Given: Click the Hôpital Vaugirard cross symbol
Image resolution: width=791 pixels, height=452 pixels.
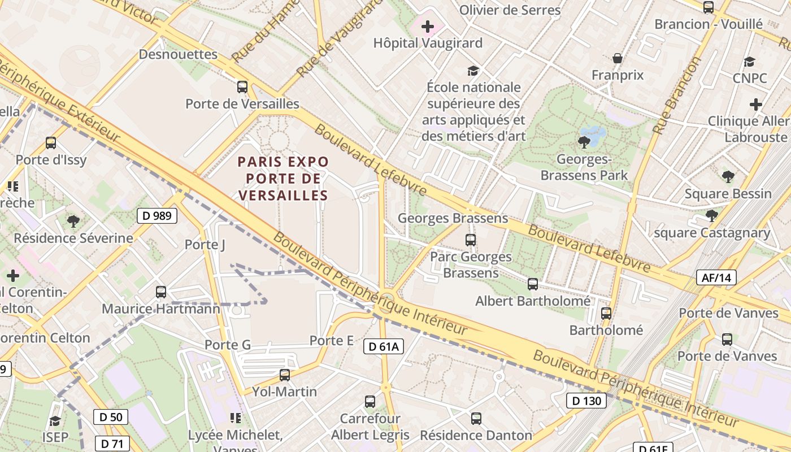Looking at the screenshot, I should [x=428, y=26].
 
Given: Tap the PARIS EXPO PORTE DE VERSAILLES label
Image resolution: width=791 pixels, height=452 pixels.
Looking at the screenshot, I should [x=283, y=179].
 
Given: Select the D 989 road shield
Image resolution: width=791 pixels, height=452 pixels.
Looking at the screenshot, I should [x=157, y=215].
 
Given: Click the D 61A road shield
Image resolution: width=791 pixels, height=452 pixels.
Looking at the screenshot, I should [x=384, y=346].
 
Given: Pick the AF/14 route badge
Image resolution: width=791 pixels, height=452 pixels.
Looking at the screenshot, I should [x=716, y=277].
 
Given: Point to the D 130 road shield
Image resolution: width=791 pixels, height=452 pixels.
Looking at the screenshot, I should [x=586, y=401].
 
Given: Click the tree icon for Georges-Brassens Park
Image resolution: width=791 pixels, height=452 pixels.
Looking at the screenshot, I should [x=584, y=142].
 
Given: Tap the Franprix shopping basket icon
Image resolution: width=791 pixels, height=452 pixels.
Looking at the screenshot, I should [x=618, y=58].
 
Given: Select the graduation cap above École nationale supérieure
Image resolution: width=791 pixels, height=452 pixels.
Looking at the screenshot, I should [x=473, y=71].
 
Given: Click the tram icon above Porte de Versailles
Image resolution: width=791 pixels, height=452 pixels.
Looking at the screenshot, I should [x=242, y=87].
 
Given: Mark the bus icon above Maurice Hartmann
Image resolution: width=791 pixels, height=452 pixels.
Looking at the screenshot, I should [x=161, y=292].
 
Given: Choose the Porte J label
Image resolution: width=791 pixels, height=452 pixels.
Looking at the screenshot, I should [x=205, y=245].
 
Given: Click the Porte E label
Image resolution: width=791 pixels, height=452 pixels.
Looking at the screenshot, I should [x=332, y=340].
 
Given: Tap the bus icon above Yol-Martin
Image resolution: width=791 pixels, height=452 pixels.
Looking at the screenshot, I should [x=285, y=375].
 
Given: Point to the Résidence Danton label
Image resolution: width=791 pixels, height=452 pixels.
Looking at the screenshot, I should [x=476, y=435].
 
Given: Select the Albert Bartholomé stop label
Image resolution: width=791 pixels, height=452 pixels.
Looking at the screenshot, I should [x=533, y=301].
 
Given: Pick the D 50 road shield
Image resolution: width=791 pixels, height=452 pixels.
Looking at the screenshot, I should [x=111, y=417].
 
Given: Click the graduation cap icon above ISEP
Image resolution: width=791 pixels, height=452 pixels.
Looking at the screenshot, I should [x=55, y=421].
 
